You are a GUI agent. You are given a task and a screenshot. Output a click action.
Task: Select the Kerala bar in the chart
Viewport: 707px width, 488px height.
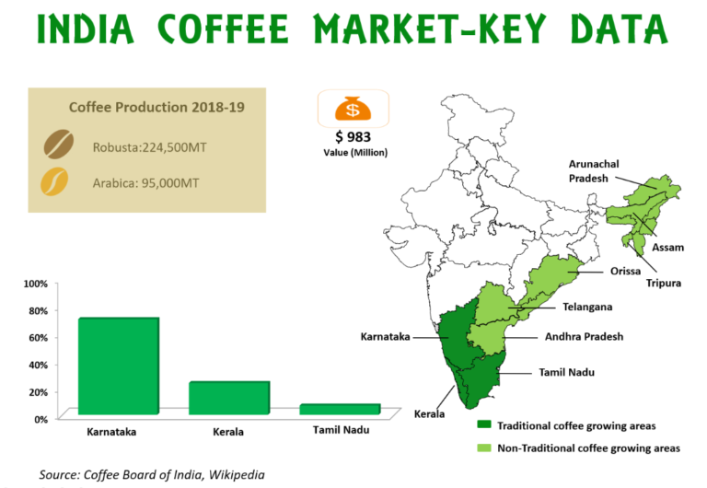tap(229, 400)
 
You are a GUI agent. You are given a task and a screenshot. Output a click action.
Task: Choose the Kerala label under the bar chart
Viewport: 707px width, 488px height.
tap(229, 432)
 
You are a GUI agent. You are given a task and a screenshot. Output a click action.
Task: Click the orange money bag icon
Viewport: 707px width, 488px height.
tap(348, 110)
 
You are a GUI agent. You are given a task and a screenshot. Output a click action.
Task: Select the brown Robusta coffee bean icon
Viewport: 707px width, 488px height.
tap(62, 145)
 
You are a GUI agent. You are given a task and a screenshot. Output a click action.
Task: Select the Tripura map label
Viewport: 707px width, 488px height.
tap(663, 283)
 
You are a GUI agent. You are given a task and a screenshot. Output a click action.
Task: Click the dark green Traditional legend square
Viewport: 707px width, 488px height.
tap(482, 426)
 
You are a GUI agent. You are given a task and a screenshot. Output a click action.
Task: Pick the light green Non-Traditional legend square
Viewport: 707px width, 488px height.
tap(482, 447)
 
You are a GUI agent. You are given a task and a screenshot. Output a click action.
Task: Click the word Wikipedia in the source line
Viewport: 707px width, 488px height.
tap(237, 474)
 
